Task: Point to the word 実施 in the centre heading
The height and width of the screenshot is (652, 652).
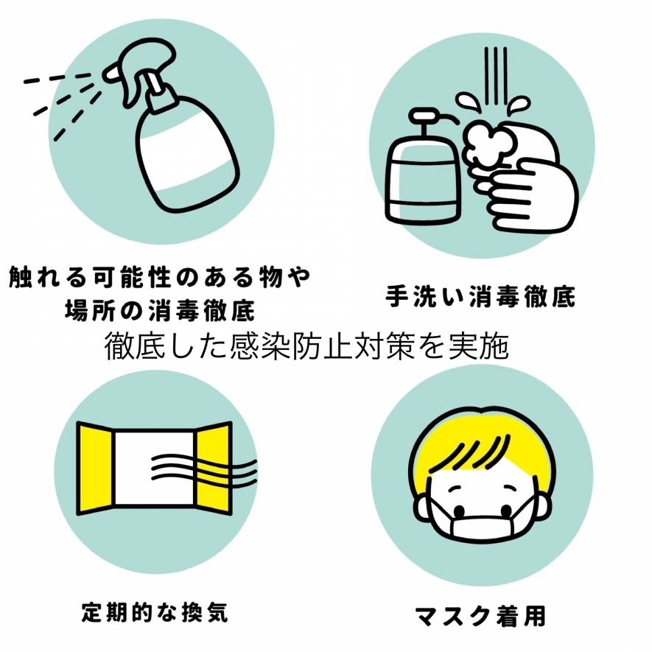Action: click(x=483, y=346)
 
